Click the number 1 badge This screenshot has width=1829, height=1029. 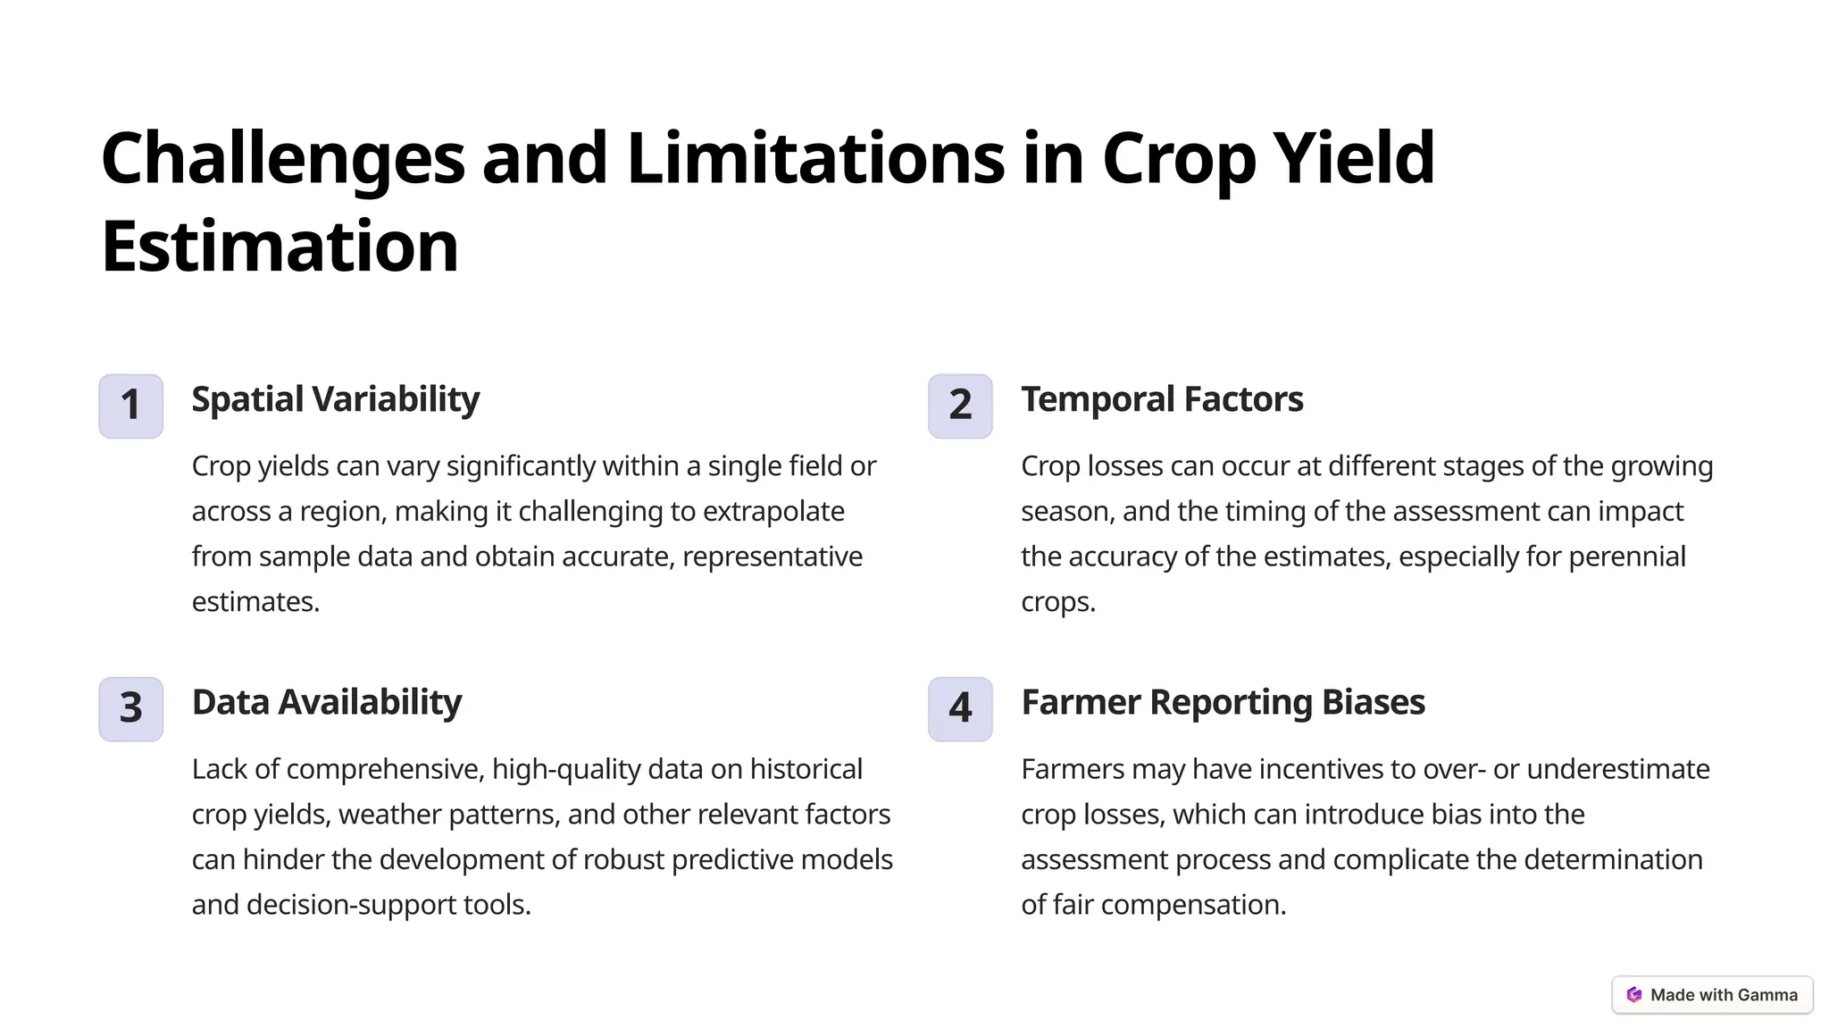[130, 406]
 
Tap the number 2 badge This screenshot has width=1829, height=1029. [960, 406]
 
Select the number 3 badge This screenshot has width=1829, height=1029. [130, 708]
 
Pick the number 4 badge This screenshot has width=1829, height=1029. [960, 708]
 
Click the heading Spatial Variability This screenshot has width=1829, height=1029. [335, 399]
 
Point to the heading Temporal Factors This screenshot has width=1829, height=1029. [1162, 399]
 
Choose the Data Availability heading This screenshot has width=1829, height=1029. [326, 702]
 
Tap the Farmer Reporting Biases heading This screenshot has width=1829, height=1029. [1223, 702]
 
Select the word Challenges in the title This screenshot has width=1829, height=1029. [283, 159]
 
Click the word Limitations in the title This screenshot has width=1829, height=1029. [815, 157]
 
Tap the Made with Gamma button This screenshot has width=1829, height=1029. [1712, 995]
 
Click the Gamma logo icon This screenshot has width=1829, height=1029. [1634, 995]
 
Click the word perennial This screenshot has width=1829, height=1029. [1627, 556]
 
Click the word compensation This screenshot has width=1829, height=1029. [1193, 905]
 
